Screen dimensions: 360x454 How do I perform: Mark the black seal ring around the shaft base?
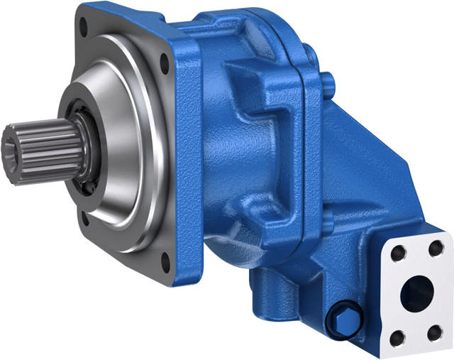(x=86, y=153)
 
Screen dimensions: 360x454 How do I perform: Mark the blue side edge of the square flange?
(x=187, y=163)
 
